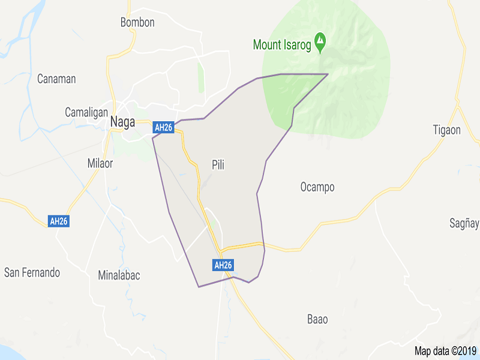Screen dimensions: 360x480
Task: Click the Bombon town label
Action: (x=137, y=23)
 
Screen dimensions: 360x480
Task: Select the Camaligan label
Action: (x=86, y=112)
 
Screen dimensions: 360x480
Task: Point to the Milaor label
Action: (x=100, y=163)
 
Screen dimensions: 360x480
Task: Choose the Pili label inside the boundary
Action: (x=218, y=164)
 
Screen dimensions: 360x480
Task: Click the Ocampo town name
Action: (x=317, y=187)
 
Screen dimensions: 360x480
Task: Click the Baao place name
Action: (x=317, y=319)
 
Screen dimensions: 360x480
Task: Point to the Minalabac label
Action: (x=119, y=275)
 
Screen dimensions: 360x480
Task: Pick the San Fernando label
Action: (x=32, y=272)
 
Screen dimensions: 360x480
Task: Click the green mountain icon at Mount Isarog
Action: (x=321, y=41)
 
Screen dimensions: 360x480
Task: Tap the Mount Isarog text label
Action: (x=283, y=44)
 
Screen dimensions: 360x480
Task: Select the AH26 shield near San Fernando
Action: (x=59, y=221)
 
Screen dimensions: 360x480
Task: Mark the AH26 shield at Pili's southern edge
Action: (x=223, y=265)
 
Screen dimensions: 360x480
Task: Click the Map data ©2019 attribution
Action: (x=445, y=351)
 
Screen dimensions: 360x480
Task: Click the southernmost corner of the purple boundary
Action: (x=199, y=287)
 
